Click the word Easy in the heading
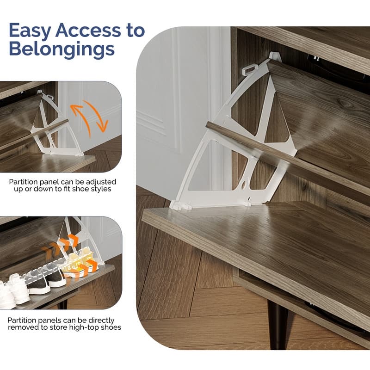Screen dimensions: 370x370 30,31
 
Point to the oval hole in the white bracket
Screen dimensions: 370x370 244,185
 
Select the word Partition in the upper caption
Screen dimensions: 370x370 23,182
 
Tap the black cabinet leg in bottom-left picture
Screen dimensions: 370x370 63,304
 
